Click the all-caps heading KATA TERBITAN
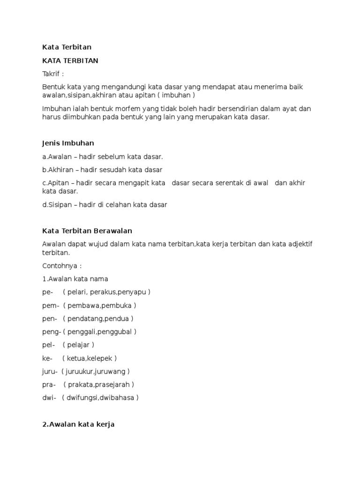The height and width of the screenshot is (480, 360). point(70,60)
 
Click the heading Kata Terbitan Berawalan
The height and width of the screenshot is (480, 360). point(87,231)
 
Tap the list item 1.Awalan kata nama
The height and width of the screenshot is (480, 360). point(75,279)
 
